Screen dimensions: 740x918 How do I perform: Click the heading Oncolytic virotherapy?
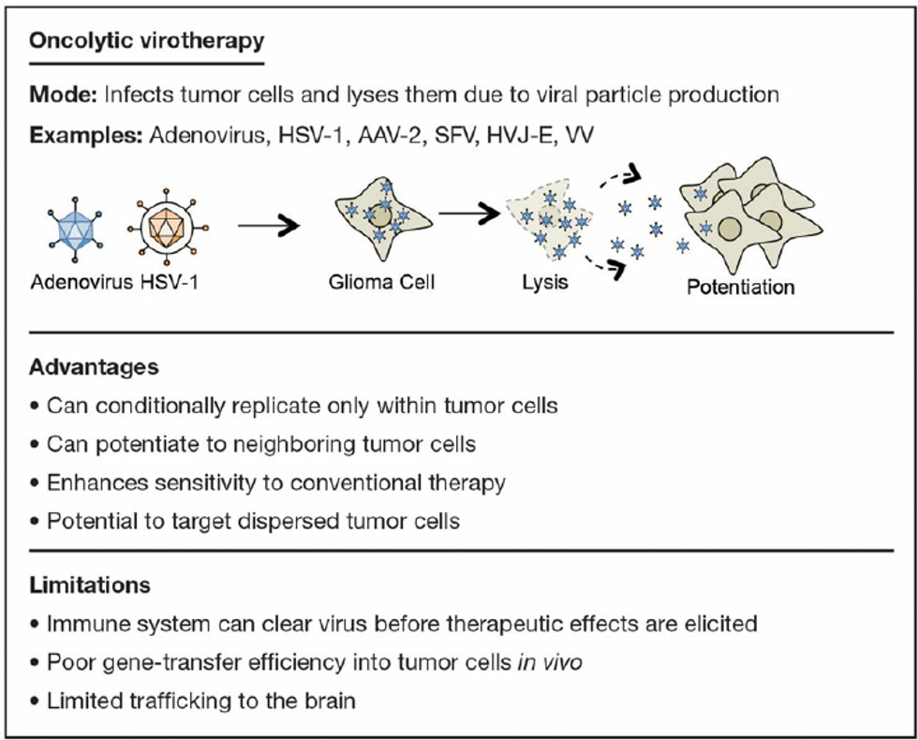146,41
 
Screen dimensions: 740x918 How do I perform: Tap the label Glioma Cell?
381,281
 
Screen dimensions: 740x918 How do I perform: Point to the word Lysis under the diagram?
545,281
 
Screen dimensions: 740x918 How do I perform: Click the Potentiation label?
740,287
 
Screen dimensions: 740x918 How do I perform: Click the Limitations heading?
90,585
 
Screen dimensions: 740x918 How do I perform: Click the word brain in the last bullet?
331,700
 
